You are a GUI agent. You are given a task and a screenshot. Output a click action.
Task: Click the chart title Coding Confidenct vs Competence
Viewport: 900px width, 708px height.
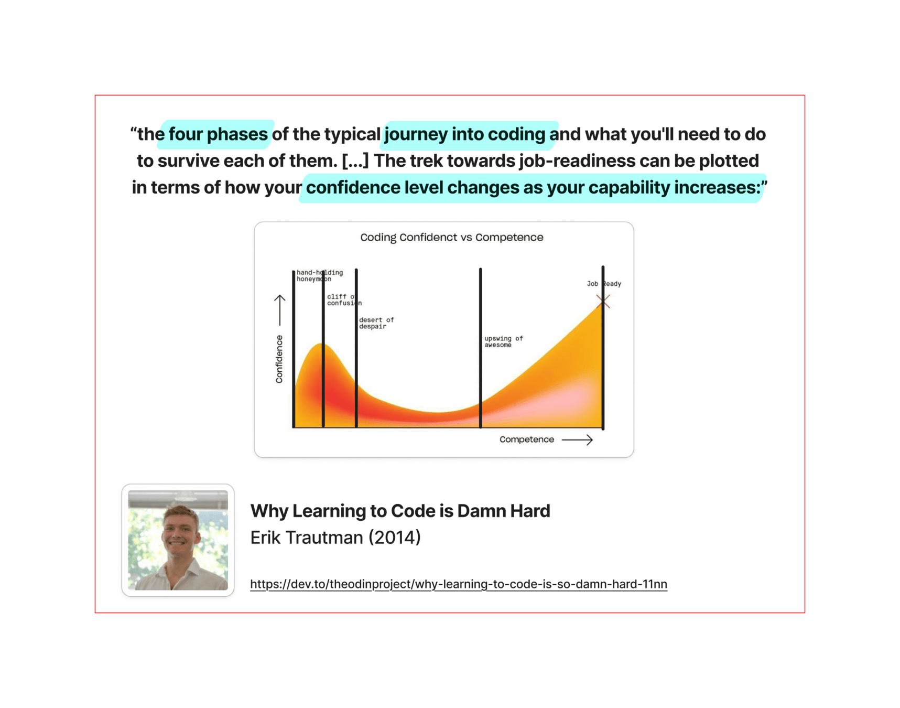(451, 237)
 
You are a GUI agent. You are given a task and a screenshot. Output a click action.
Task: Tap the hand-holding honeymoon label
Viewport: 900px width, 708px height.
(320, 275)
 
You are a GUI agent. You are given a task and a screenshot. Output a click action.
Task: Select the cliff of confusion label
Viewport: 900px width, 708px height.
(344, 299)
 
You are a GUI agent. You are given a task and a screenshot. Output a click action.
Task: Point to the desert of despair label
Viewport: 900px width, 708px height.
(376, 323)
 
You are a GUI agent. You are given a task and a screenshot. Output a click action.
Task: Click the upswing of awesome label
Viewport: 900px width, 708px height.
(503, 341)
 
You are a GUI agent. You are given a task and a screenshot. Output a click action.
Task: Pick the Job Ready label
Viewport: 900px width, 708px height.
(604, 284)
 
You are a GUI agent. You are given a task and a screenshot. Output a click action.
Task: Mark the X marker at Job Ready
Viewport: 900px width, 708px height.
(603, 301)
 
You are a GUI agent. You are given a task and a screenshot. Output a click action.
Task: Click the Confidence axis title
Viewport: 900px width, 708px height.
(279, 359)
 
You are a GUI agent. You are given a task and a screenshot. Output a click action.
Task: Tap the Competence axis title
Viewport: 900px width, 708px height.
(526, 439)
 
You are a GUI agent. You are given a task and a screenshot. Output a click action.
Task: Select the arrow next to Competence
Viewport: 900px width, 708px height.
(577, 439)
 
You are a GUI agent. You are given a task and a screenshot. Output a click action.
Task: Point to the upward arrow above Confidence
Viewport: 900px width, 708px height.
(280, 310)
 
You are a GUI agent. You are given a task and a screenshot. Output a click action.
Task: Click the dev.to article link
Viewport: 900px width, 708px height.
(459, 584)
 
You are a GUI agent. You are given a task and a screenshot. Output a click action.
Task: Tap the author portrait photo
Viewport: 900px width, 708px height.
(178, 540)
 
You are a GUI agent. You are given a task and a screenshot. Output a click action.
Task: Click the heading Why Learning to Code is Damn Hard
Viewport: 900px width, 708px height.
(400, 511)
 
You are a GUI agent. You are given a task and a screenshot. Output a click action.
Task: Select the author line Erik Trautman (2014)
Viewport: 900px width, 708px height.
(335, 538)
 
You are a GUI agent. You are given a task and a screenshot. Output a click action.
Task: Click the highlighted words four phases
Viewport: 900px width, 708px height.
(218, 134)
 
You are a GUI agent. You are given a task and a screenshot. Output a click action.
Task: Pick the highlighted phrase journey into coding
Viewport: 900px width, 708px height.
(464, 134)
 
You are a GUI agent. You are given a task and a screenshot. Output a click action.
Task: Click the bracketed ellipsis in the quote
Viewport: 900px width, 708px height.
(355, 160)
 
